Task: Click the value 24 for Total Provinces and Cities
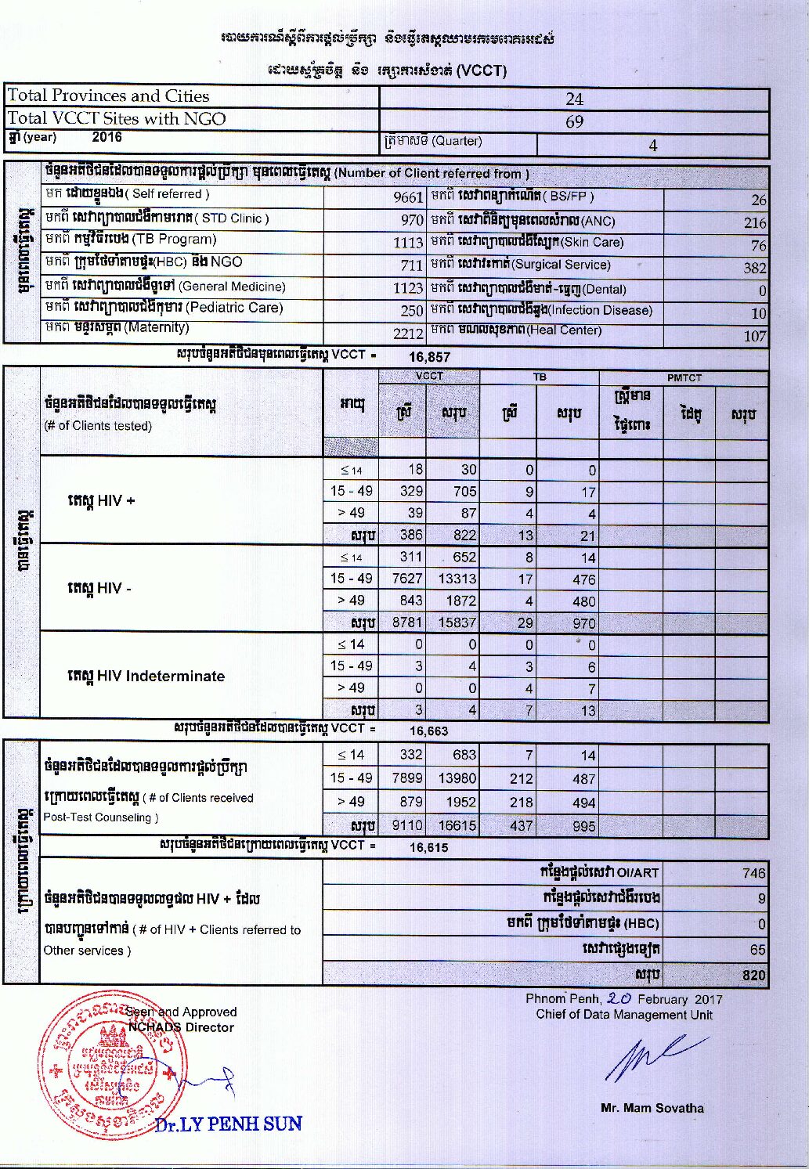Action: pos(574,99)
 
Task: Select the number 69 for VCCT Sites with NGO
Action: pos(574,121)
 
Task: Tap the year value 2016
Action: pos(107,137)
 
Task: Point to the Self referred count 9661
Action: pos(408,197)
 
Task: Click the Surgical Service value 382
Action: pos(754,268)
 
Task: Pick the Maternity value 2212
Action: pos(408,334)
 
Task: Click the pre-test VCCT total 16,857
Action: pos(429,357)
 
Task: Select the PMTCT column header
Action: pos(684,377)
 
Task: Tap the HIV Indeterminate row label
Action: pos(146,676)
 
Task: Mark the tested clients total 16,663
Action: pos(428,731)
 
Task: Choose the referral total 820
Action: pos(753,976)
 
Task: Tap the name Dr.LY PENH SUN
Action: pos(228,1124)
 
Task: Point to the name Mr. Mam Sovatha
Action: pos(652,1108)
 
